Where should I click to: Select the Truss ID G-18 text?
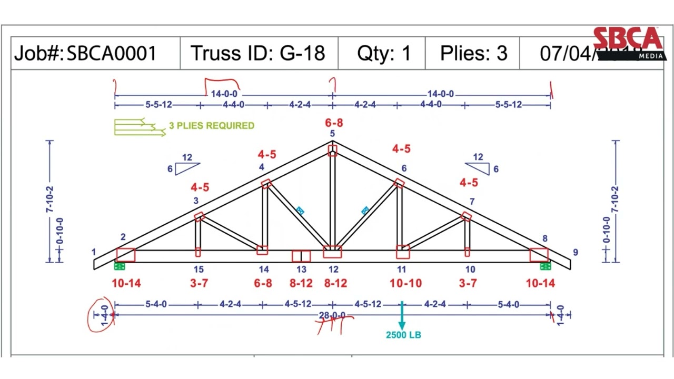(257, 54)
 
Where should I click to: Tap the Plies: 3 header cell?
(473, 54)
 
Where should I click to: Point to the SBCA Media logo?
(627, 42)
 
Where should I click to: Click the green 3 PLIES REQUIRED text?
(211, 126)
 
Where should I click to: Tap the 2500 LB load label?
(403, 335)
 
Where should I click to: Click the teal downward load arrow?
(402, 316)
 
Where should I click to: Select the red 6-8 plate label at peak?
(334, 123)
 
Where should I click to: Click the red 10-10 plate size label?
(405, 283)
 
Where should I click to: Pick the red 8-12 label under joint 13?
(301, 283)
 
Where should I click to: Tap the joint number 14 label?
(263, 270)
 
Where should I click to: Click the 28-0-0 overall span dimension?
(332, 315)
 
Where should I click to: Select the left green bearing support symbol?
(120, 266)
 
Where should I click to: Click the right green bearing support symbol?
(546, 266)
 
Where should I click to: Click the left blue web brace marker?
(300, 211)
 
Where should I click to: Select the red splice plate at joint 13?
(301, 256)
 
